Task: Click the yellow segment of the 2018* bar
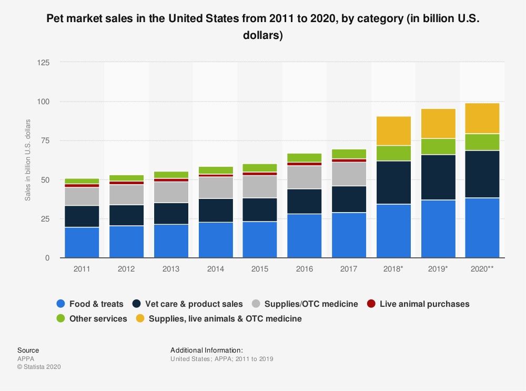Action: click(x=393, y=131)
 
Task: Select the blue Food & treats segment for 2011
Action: click(x=82, y=242)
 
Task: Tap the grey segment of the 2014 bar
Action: click(x=216, y=187)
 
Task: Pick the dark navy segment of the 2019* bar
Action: click(x=438, y=177)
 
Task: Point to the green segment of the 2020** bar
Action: click(x=482, y=142)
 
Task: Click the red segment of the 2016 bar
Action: click(x=305, y=164)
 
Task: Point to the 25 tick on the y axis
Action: click(x=46, y=218)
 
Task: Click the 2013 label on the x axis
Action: click(x=171, y=268)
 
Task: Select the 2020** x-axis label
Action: click(x=482, y=268)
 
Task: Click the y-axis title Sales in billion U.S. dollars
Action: click(x=27, y=160)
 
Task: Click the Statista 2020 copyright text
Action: click(x=39, y=367)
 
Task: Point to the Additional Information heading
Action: click(x=207, y=350)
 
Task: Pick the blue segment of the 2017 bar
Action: click(x=349, y=235)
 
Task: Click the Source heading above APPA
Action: click(x=28, y=350)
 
